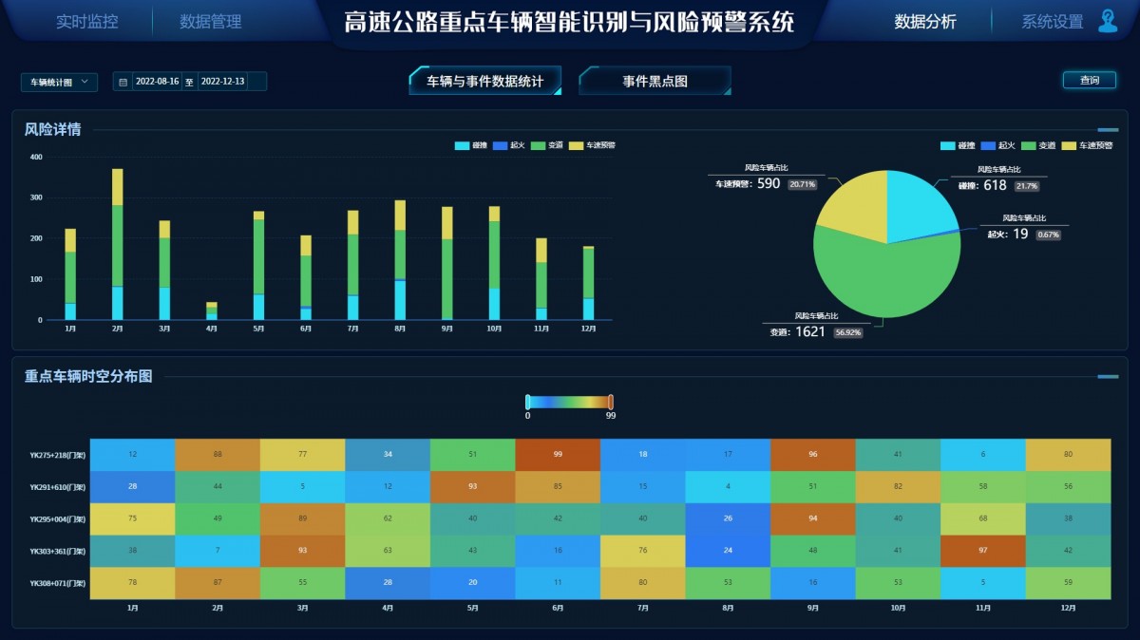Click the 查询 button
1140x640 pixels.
coord(1089,81)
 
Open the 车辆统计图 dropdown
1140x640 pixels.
coord(59,83)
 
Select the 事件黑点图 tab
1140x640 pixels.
coord(655,82)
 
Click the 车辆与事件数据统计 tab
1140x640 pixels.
coord(484,82)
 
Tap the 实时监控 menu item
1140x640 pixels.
coord(87,22)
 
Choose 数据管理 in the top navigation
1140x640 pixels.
coord(211,22)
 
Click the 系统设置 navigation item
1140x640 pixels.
coord(1052,22)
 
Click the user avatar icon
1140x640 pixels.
coord(1107,21)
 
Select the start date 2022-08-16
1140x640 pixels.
coord(158,83)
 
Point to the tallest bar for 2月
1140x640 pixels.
coord(118,245)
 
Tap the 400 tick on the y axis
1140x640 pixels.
coord(36,157)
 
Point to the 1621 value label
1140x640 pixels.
coord(810,332)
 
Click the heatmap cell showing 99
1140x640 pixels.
coord(558,455)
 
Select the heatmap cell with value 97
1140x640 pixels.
coord(983,551)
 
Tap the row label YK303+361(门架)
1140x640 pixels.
coord(58,551)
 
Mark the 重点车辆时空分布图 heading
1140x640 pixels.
coord(88,376)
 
